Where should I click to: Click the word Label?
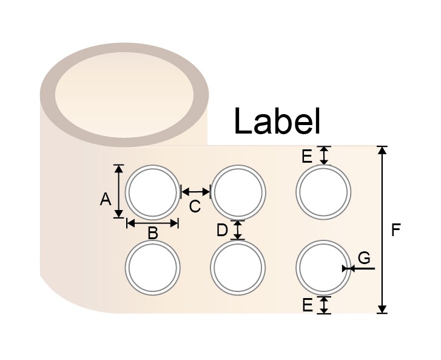click(x=277, y=121)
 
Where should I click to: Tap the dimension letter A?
click(x=105, y=198)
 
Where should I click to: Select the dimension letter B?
click(x=153, y=233)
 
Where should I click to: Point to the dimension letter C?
click(x=195, y=206)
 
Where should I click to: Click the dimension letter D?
click(x=222, y=230)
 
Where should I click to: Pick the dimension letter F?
click(x=396, y=230)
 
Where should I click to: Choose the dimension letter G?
click(x=364, y=258)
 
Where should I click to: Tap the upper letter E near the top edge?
click(x=307, y=157)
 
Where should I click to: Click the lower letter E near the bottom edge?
click(x=307, y=305)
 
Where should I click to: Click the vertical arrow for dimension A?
click(x=119, y=191)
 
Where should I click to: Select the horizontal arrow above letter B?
click(x=153, y=223)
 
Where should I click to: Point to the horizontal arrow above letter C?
click(x=195, y=192)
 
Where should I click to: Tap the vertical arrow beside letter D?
click(x=238, y=229)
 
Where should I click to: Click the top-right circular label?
click(x=323, y=192)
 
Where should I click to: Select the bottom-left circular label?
click(x=153, y=268)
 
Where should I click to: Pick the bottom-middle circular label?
click(x=238, y=268)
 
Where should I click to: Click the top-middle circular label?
click(x=239, y=192)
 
